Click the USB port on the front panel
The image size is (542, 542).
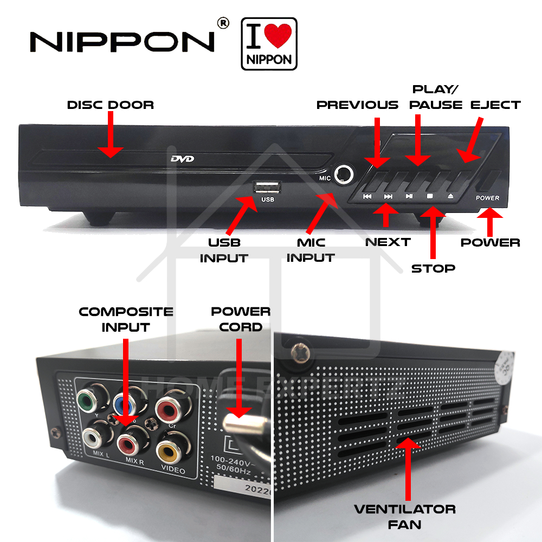(x=267, y=188)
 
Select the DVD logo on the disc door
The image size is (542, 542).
(x=182, y=159)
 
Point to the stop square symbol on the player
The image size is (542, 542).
(x=430, y=196)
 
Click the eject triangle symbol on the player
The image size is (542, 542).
(x=450, y=196)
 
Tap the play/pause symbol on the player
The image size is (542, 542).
(x=409, y=196)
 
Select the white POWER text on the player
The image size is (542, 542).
(x=487, y=198)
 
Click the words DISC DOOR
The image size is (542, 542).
(x=111, y=105)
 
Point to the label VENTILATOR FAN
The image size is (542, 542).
(x=404, y=517)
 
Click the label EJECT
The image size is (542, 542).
(x=495, y=105)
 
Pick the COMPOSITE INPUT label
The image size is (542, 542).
(x=126, y=319)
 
